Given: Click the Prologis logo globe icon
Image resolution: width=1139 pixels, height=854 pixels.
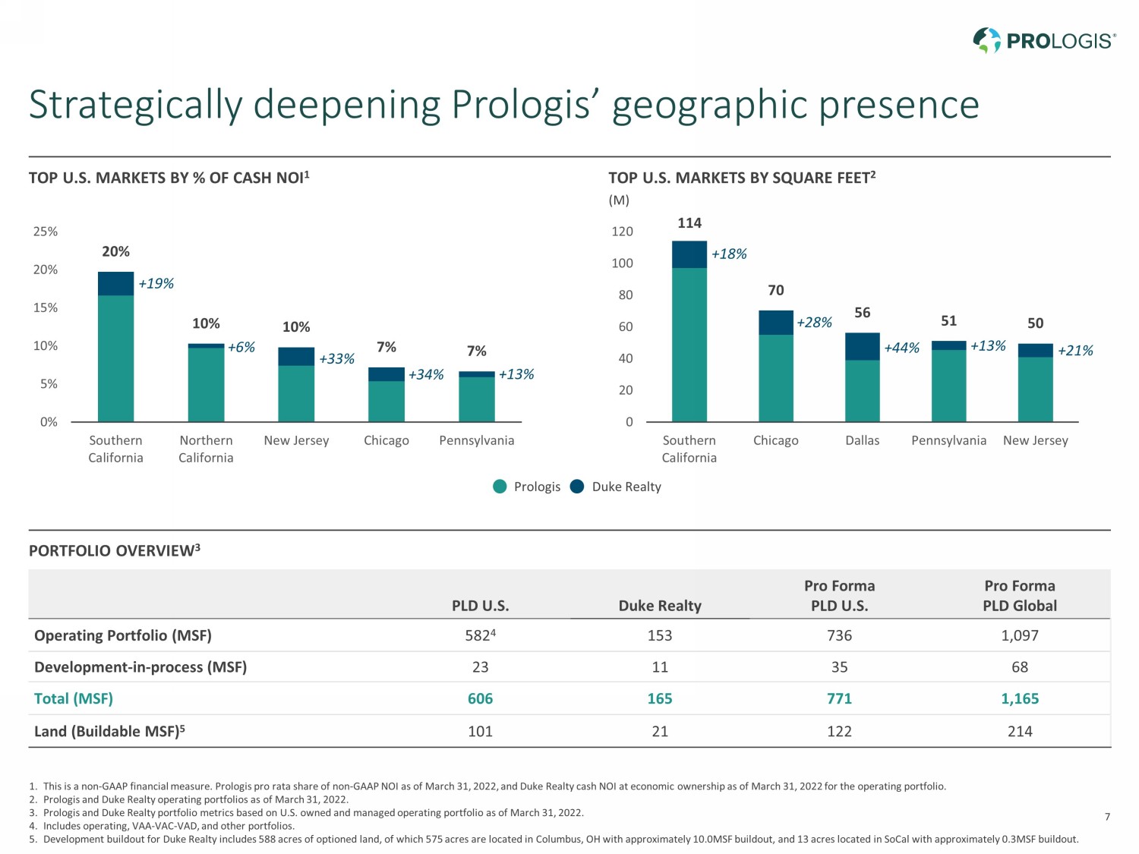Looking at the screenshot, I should click(x=987, y=40).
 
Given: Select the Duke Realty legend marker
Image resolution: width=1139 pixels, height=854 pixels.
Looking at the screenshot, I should click(x=577, y=487).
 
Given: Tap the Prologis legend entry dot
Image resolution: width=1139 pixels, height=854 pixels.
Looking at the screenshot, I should click(x=500, y=487).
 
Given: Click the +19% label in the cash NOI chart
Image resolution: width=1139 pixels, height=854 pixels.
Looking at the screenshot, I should click(x=156, y=284).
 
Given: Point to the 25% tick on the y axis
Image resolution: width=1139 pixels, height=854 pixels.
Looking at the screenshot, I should click(x=46, y=232).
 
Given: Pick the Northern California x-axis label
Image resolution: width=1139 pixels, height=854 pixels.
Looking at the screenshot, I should click(x=206, y=449).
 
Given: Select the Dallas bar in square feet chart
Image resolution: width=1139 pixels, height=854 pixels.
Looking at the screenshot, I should click(x=862, y=377).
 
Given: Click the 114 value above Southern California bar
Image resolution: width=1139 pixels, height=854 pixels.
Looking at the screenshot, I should click(x=689, y=223).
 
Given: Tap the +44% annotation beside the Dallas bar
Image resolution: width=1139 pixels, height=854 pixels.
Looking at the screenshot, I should click(x=901, y=348).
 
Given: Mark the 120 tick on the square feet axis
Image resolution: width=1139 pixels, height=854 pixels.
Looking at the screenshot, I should click(x=622, y=232).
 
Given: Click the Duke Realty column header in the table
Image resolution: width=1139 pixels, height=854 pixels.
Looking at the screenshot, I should click(x=660, y=606).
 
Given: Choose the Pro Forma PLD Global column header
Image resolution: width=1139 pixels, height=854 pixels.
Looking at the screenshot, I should click(x=1020, y=596).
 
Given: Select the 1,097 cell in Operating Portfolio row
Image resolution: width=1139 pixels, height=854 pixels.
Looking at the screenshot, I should click(x=1020, y=635).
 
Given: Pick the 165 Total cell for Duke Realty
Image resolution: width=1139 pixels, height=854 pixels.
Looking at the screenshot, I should click(x=660, y=698).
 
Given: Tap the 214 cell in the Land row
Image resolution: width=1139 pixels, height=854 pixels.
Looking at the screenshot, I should click(x=1020, y=731).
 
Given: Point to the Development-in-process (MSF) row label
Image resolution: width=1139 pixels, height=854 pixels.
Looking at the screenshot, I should click(x=140, y=667).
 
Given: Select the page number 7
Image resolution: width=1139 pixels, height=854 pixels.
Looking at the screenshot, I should click(x=1107, y=817).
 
